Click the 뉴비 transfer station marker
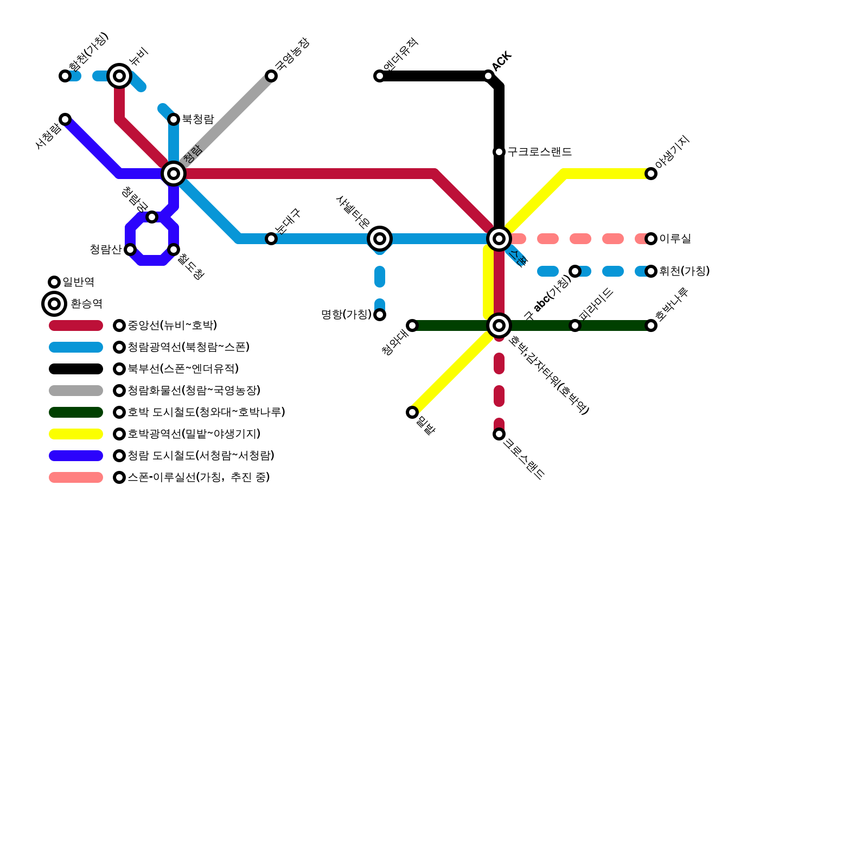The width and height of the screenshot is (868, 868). [x=119, y=76]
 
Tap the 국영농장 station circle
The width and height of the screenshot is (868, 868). [x=271, y=76]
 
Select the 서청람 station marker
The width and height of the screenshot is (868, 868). [x=65, y=119]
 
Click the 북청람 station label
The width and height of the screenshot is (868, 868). [x=198, y=119]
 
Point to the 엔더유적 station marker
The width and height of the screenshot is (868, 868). [x=380, y=76]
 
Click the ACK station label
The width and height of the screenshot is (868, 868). [x=502, y=61]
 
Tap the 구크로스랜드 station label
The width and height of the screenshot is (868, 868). [x=540, y=152]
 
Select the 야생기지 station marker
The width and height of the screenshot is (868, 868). [x=651, y=174]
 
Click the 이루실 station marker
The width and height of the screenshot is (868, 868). [x=651, y=239]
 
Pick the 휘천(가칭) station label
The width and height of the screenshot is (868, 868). [x=685, y=271]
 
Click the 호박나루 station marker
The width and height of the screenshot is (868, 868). [x=651, y=325]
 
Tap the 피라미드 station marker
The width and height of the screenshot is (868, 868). [x=575, y=325]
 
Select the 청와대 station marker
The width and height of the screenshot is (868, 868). [x=412, y=325]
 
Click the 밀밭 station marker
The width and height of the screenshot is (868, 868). [x=412, y=412]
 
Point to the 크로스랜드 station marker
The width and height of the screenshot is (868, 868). [x=499, y=434]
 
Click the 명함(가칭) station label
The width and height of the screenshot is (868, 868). [x=346, y=315]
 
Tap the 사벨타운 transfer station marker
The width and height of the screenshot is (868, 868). [x=380, y=239]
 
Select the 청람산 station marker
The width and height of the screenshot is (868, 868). [x=130, y=250]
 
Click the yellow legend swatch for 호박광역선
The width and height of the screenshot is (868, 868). [x=76, y=434]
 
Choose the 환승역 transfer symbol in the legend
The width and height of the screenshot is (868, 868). [x=54, y=304]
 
